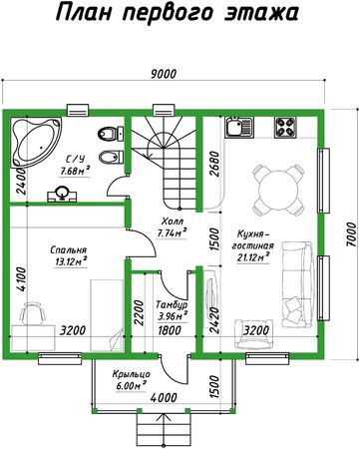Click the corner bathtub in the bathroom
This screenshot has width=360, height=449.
(36, 143)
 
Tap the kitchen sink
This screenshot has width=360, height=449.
(239, 127)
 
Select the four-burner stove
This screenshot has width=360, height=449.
(285, 127)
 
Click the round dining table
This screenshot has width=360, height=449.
(278, 191)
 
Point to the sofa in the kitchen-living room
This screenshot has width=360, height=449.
(298, 284)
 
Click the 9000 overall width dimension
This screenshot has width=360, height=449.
(164, 74)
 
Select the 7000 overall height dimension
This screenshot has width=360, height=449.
(351, 234)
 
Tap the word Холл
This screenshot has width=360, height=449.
(173, 222)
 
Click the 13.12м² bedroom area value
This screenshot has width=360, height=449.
(71, 262)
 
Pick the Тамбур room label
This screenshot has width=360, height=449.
(172, 304)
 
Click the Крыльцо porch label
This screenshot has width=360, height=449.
(131, 374)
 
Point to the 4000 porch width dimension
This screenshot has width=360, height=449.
(164, 397)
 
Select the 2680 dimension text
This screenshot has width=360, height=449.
(215, 164)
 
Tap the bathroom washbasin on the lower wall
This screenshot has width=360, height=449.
(62, 195)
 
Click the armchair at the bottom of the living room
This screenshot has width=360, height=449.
(254, 334)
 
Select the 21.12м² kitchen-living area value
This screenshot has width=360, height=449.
(253, 257)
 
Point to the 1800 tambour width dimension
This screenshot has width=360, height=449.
(170, 330)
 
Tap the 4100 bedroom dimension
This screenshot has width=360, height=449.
(21, 279)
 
